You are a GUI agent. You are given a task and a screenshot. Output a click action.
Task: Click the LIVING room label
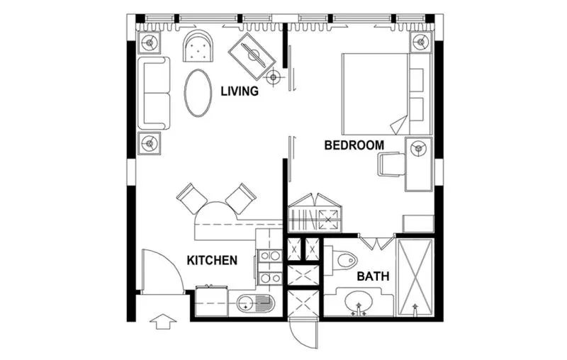click(x=239, y=91)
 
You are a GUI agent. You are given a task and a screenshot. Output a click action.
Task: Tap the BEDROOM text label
click(x=354, y=145)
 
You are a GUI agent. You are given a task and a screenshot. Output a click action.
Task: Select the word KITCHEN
click(x=211, y=261)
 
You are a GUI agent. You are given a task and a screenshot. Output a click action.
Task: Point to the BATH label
click(x=372, y=276)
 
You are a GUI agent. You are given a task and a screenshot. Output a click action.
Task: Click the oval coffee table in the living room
click(x=198, y=93)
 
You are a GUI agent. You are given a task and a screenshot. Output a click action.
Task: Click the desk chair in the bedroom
click(x=391, y=164)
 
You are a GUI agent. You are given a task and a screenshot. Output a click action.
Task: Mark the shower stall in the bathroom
click(x=415, y=278)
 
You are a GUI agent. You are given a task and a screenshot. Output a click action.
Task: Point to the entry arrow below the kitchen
click(x=164, y=322)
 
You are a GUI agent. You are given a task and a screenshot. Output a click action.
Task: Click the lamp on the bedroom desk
click(x=418, y=148)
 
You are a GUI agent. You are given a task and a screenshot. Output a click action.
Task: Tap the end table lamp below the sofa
click(x=150, y=142)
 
